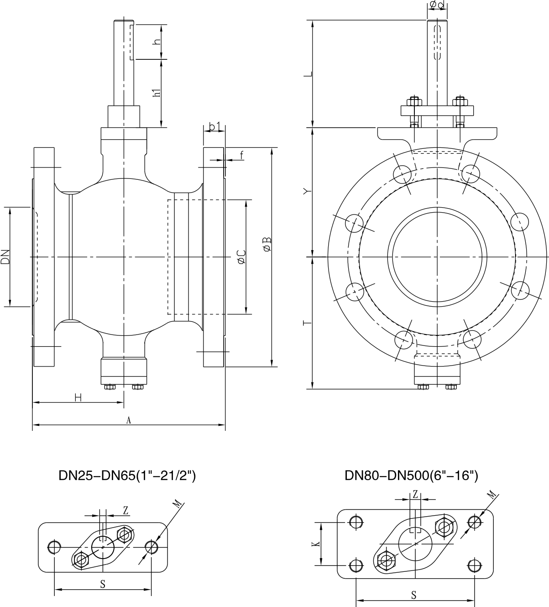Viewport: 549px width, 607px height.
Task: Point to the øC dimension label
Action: [x=241, y=257]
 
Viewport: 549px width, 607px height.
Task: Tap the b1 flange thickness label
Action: [x=214, y=126]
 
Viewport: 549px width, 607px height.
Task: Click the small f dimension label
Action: [x=241, y=155]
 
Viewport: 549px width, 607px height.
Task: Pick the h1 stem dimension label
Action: [x=157, y=91]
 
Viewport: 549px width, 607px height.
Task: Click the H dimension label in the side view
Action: [x=78, y=398]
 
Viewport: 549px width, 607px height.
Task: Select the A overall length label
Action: [x=129, y=420]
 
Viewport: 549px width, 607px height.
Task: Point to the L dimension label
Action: [x=308, y=73]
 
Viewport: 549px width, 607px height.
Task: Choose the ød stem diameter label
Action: [x=436, y=5]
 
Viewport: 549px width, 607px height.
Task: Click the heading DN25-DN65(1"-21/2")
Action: [x=127, y=476]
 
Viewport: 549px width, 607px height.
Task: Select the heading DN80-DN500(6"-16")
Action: [x=411, y=476]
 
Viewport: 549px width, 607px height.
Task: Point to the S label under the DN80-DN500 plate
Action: [x=414, y=595]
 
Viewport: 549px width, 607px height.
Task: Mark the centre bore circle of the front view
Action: [x=436, y=257]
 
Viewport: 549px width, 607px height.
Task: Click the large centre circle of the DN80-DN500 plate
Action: [x=415, y=544]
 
